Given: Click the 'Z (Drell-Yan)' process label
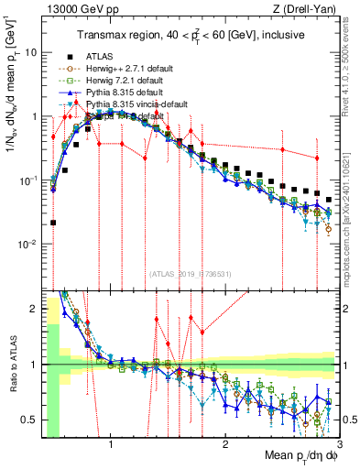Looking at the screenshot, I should tap(309, 10).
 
